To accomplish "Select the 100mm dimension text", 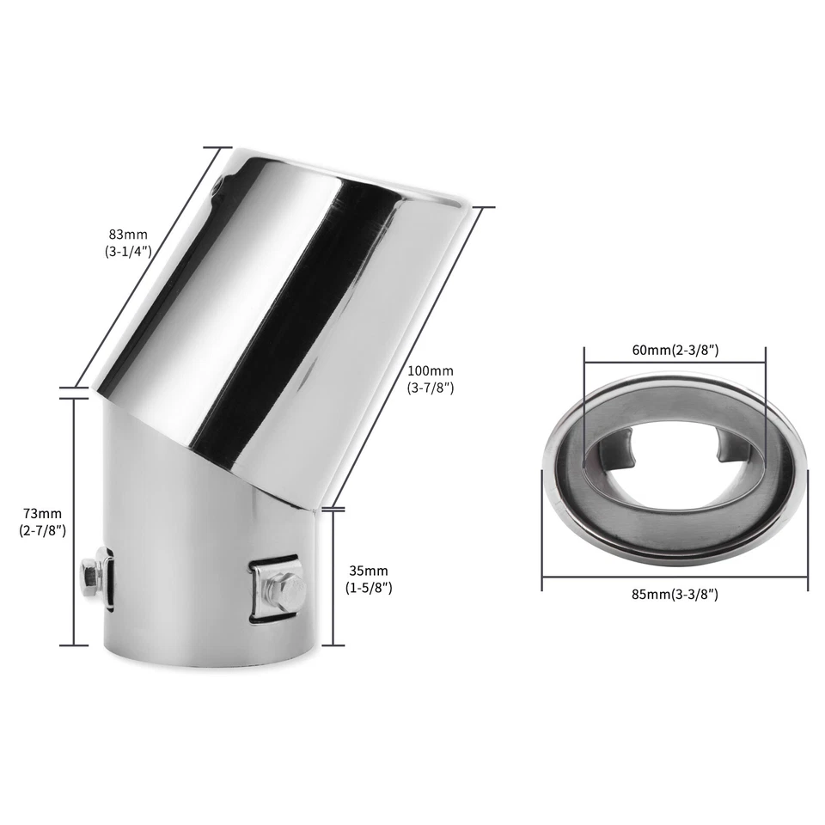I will point(430,370).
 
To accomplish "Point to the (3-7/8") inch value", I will point(430,388).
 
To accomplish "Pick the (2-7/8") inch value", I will point(41,530).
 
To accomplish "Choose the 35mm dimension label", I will point(368,570).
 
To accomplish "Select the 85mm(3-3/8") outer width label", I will point(675,594).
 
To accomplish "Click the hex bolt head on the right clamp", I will point(290,589).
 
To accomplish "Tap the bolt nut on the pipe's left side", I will point(89,571).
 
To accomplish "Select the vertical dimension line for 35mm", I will point(333,576).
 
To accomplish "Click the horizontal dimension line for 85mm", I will point(675,578).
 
